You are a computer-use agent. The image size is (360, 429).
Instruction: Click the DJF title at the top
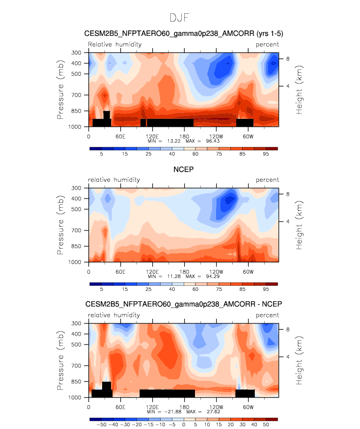[x=179, y=18]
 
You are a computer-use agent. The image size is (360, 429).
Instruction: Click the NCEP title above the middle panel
[x=183, y=170]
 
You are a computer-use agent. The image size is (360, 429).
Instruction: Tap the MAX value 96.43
[x=213, y=141]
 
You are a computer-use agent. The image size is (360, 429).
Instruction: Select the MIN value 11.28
[x=174, y=276]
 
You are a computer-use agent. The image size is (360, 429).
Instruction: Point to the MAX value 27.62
[x=214, y=411]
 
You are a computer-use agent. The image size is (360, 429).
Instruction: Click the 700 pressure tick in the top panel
[x=76, y=95]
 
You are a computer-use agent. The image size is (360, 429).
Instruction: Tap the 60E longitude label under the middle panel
[x=120, y=272]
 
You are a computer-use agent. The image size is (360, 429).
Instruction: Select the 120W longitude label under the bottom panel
[x=216, y=407]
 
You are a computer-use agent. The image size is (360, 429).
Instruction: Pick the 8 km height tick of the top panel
[x=288, y=59]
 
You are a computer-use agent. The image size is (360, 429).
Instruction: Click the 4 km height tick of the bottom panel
[x=288, y=357]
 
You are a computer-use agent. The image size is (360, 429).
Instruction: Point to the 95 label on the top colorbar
[x=266, y=154]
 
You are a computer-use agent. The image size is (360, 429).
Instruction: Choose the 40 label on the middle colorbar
[x=172, y=289]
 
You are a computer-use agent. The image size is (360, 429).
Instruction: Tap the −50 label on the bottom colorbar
[x=101, y=425]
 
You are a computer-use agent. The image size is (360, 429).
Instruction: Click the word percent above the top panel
[x=267, y=44]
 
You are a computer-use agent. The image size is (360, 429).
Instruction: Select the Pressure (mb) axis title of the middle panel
[x=60, y=225]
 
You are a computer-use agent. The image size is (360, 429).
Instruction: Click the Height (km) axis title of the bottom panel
[x=299, y=360]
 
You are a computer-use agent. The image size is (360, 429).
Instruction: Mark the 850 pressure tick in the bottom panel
[x=76, y=381]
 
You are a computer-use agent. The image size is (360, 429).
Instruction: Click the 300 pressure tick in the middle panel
[x=76, y=188]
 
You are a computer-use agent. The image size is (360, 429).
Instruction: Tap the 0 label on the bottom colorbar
[x=184, y=425]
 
